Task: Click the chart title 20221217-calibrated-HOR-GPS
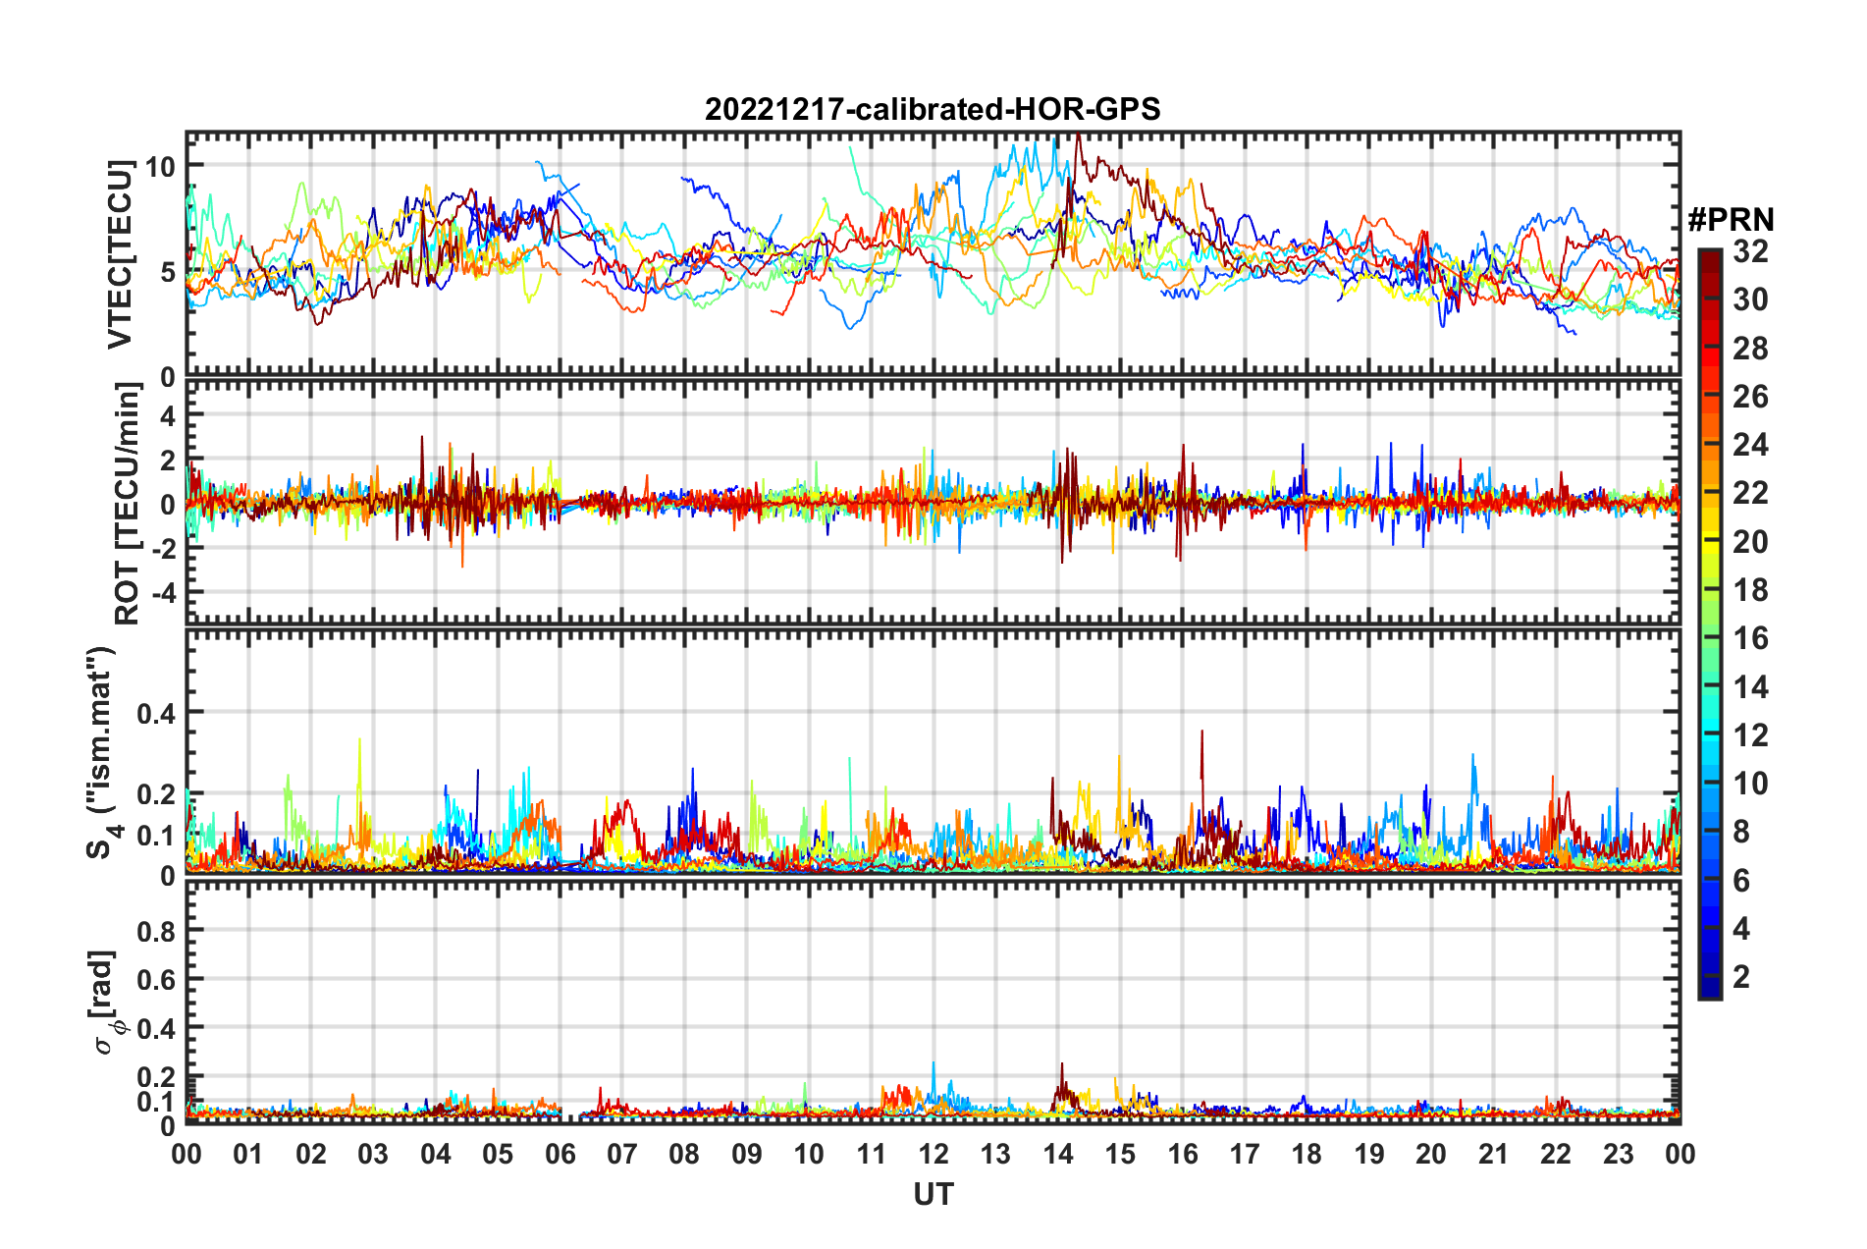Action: pyautogui.click(x=933, y=109)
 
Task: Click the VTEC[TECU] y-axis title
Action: pyautogui.click(x=121, y=254)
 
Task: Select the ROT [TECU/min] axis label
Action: pyautogui.click(x=128, y=503)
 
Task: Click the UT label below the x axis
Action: pyautogui.click(x=933, y=1194)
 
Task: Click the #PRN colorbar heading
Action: pyautogui.click(x=1731, y=220)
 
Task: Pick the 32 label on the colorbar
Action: pyautogui.click(x=1750, y=251)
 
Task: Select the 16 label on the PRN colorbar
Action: pyautogui.click(x=1750, y=638)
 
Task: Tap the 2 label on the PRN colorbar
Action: pyautogui.click(x=1741, y=976)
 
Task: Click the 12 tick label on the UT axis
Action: pyautogui.click(x=933, y=1154)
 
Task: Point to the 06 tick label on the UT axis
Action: pyautogui.click(x=560, y=1154)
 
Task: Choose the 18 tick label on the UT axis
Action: pyautogui.click(x=1307, y=1154)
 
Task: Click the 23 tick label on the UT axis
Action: pyautogui.click(x=1618, y=1154)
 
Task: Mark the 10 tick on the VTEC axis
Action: pyautogui.click(x=160, y=166)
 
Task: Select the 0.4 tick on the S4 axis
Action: pyautogui.click(x=155, y=713)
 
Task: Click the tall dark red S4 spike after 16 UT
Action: pyautogui.click(x=1201, y=733)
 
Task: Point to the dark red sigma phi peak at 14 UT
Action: pyautogui.click(x=1061, y=1066)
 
